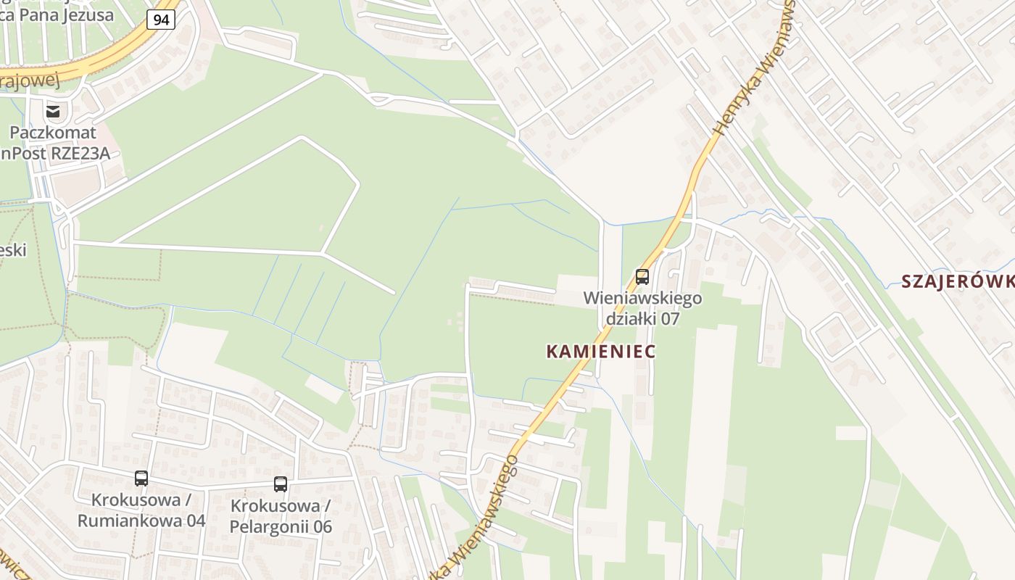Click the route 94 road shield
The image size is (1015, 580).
pyautogui.click(x=161, y=20)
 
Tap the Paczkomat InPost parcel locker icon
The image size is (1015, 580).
pyautogui.click(x=53, y=111)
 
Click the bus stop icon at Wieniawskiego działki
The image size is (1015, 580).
pyautogui.click(x=642, y=276)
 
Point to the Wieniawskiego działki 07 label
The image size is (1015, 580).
pyautogui.click(x=642, y=308)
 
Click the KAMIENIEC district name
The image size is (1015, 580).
pyautogui.click(x=600, y=352)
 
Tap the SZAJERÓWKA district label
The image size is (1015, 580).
pyautogui.click(x=957, y=282)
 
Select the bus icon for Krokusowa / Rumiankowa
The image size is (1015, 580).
pyautogui.click(x=141, y=478)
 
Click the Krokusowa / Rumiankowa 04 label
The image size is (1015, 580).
pyautogui.click(x=141, y=510)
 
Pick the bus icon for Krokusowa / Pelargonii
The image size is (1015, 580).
pyautogui.click(x=281, y=484)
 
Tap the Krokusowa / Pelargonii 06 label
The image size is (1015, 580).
pyautogui.click(x=281, y=516)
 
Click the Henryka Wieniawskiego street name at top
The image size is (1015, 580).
pyautogui.click(x=754, y=69)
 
